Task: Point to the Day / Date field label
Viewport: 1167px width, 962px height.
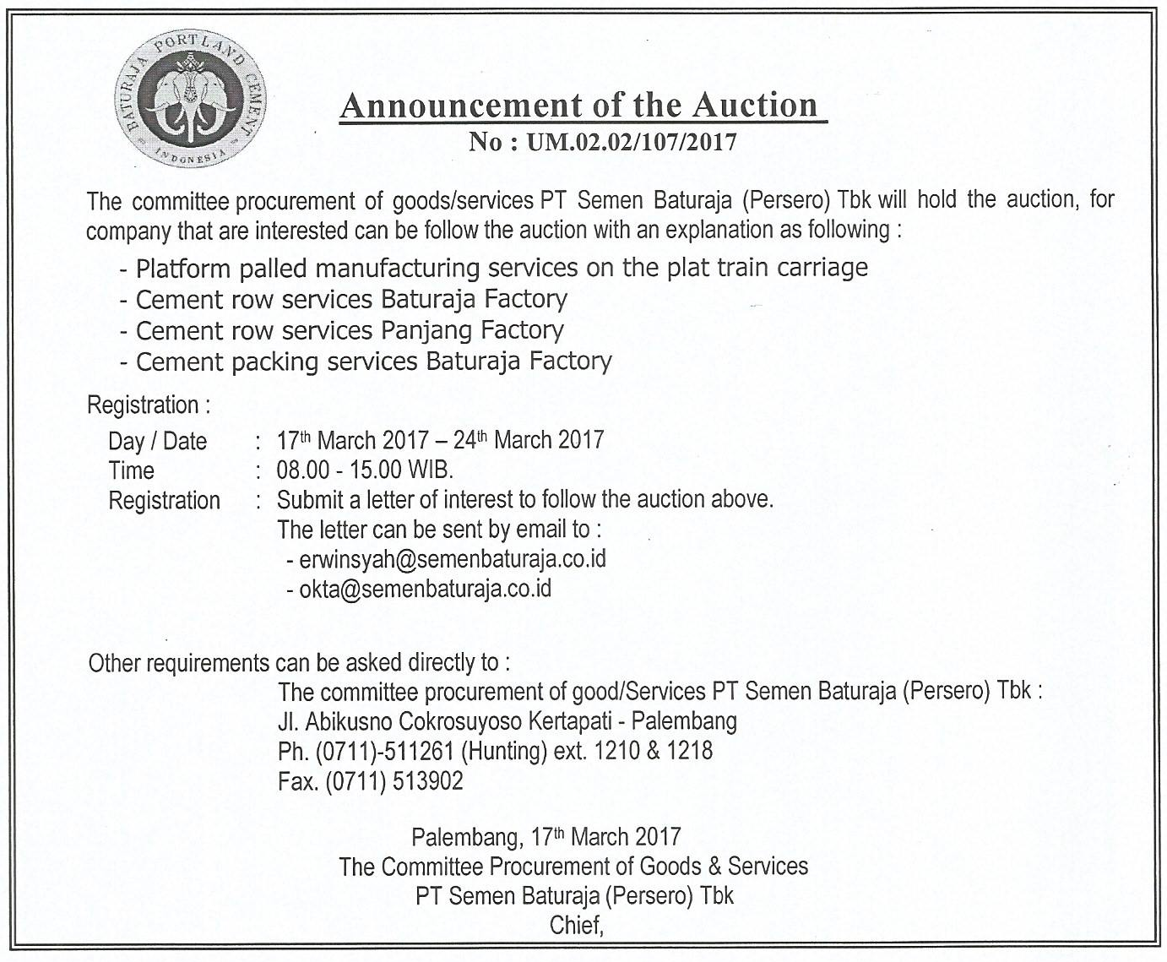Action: tap(157, 441)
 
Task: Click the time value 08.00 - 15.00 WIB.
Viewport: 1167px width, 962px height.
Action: tap(365, 470)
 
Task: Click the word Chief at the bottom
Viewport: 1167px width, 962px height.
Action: tap(577, 925)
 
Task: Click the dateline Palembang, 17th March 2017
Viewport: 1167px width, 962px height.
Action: tap(546, 837)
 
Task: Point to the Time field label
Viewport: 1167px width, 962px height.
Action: tap(132, 470)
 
